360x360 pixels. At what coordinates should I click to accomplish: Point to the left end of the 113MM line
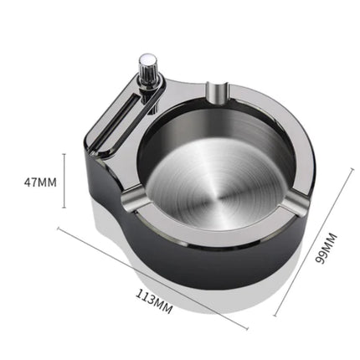tap(59, 228)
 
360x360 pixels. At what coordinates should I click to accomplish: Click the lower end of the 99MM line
tap(275, 316)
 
